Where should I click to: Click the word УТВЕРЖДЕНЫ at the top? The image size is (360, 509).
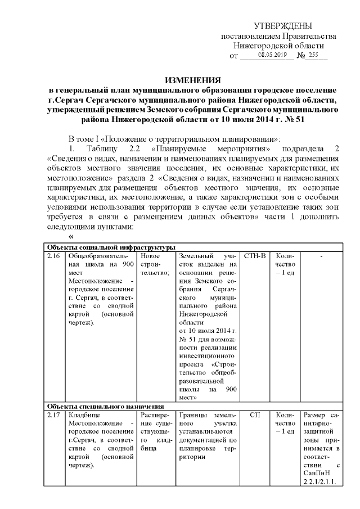click(x=283, y=26)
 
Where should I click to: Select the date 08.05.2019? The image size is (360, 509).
click(x=272, y=55)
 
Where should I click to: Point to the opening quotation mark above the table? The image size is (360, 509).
click(x=71, y=237)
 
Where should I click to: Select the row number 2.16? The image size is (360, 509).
click(x=53, y=256)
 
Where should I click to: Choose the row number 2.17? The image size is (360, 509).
click(x=53, y=415)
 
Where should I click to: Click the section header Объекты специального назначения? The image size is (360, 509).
click(x=105, y=406)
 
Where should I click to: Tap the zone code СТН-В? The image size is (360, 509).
click(x=256, y=256)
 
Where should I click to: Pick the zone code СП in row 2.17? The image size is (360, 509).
click(x=256, y=415)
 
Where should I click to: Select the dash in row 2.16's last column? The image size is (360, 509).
click(x=321, y=256)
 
